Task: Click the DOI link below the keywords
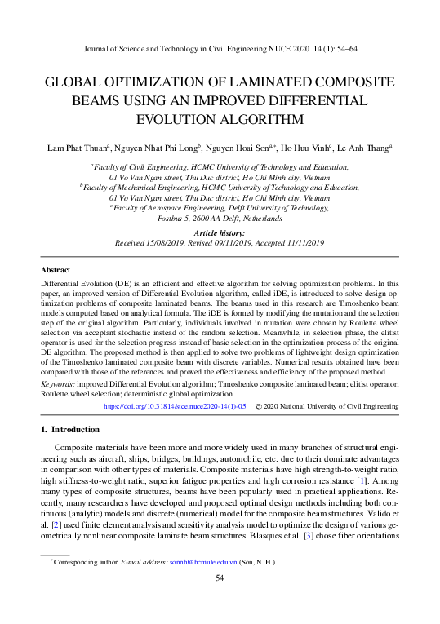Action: [x=176, y=405]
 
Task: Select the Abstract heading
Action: [x=56, y=270]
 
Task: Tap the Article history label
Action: [x=220, y=232]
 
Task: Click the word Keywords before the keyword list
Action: [x=59, y=383]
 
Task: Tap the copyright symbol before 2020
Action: [x=259, y=405]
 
